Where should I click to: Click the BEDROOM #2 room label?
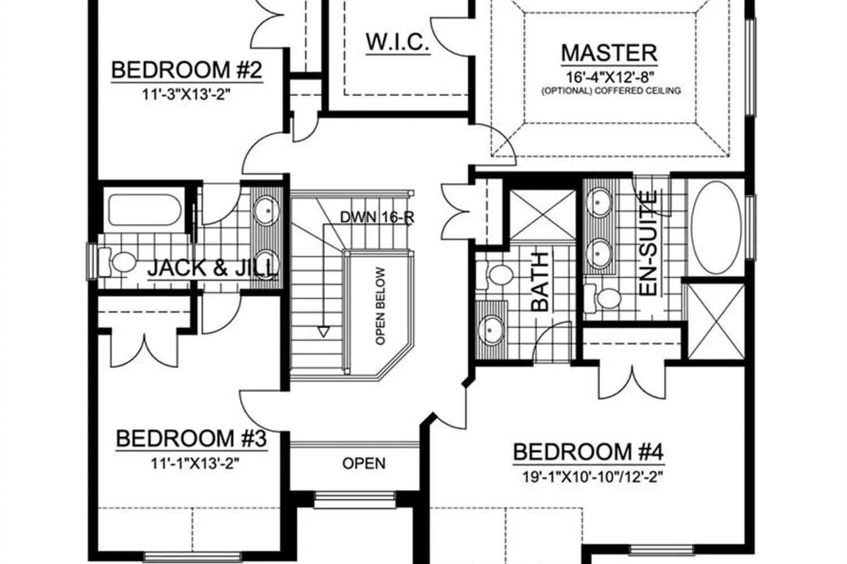tap(187, 70)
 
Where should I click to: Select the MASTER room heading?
tap(609, 53)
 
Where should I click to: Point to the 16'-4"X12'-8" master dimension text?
tap(610, 77)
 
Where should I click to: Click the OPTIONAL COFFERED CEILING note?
tap(611, 91)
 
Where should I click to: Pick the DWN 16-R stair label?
tap(377, 217)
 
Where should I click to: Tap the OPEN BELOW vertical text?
tap(381, 306)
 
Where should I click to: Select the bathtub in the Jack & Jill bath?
tap(145, 210)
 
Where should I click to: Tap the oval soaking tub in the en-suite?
tap(716, 227)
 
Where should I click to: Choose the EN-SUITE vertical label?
tap(648, 243)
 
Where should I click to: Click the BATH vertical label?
tap(540, 281)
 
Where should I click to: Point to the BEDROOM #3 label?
tap(191, 438)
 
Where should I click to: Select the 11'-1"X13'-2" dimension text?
tap(195, 463)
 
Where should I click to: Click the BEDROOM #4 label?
tap(588, 452)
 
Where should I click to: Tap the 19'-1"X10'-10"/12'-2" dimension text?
tap(592, 477)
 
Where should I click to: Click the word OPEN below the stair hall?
tap(364, 464)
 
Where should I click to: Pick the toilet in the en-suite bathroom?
tap(602, 298)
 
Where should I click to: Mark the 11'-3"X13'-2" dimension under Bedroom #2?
tap(186, 94)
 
